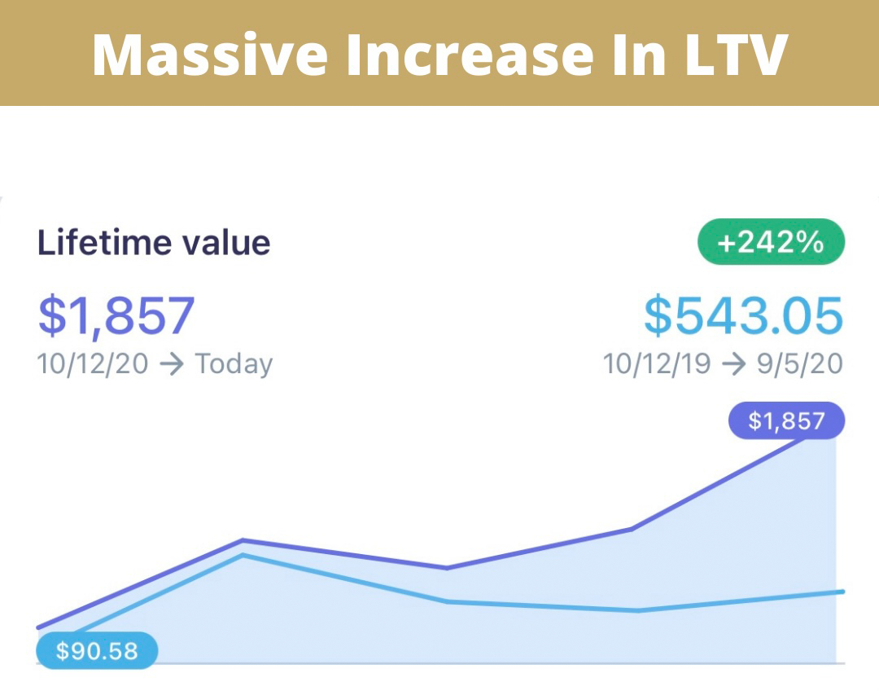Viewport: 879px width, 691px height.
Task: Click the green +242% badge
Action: click(771, 242)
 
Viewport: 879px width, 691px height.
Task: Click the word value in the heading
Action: click(226, 243)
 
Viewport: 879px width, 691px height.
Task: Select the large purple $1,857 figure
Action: click(116, 316)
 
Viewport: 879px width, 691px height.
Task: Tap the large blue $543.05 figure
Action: click(743, 316)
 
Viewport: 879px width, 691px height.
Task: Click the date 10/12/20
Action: click(93, 363)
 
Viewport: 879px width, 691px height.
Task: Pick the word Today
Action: click(234, 363)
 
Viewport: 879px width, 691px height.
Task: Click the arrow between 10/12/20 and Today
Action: click(172, 364)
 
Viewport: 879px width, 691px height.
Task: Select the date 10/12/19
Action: click(658, 363)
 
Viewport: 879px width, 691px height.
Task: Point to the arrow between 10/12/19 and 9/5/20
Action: click(735, 364)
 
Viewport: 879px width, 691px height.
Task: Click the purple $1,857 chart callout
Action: click(786, 421)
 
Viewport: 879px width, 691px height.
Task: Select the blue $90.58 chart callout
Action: click(97, 651)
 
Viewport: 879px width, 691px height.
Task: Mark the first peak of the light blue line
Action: click(243, 556)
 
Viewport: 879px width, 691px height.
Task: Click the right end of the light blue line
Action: click(842, 592)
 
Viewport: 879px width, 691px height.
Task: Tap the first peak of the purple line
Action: click(243, 540)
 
